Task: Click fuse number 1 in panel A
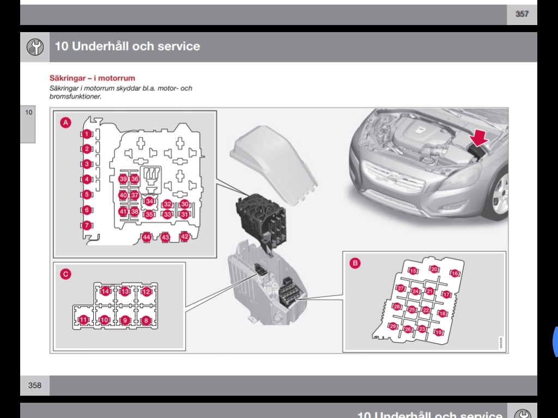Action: point(87,134)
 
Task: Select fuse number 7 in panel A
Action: point(87,225)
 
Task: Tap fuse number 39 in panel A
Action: point(123,179)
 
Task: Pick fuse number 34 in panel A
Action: point(149,201)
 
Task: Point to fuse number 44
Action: point(146,237)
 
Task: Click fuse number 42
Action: point(184,237)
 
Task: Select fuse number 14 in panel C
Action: point(105,292)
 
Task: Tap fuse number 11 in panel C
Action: point(83,320)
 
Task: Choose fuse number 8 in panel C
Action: point(145,321)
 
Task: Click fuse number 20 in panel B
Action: point(434,269)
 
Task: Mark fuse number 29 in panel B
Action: point(393,327)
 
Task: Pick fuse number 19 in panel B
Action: point(438,332)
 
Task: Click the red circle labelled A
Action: point(65,123)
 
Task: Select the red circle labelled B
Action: point(355,263)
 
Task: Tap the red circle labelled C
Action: point(65,274)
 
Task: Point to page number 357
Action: point(521,14)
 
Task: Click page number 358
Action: point(34,385)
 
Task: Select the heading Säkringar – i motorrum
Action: point(92,78)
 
